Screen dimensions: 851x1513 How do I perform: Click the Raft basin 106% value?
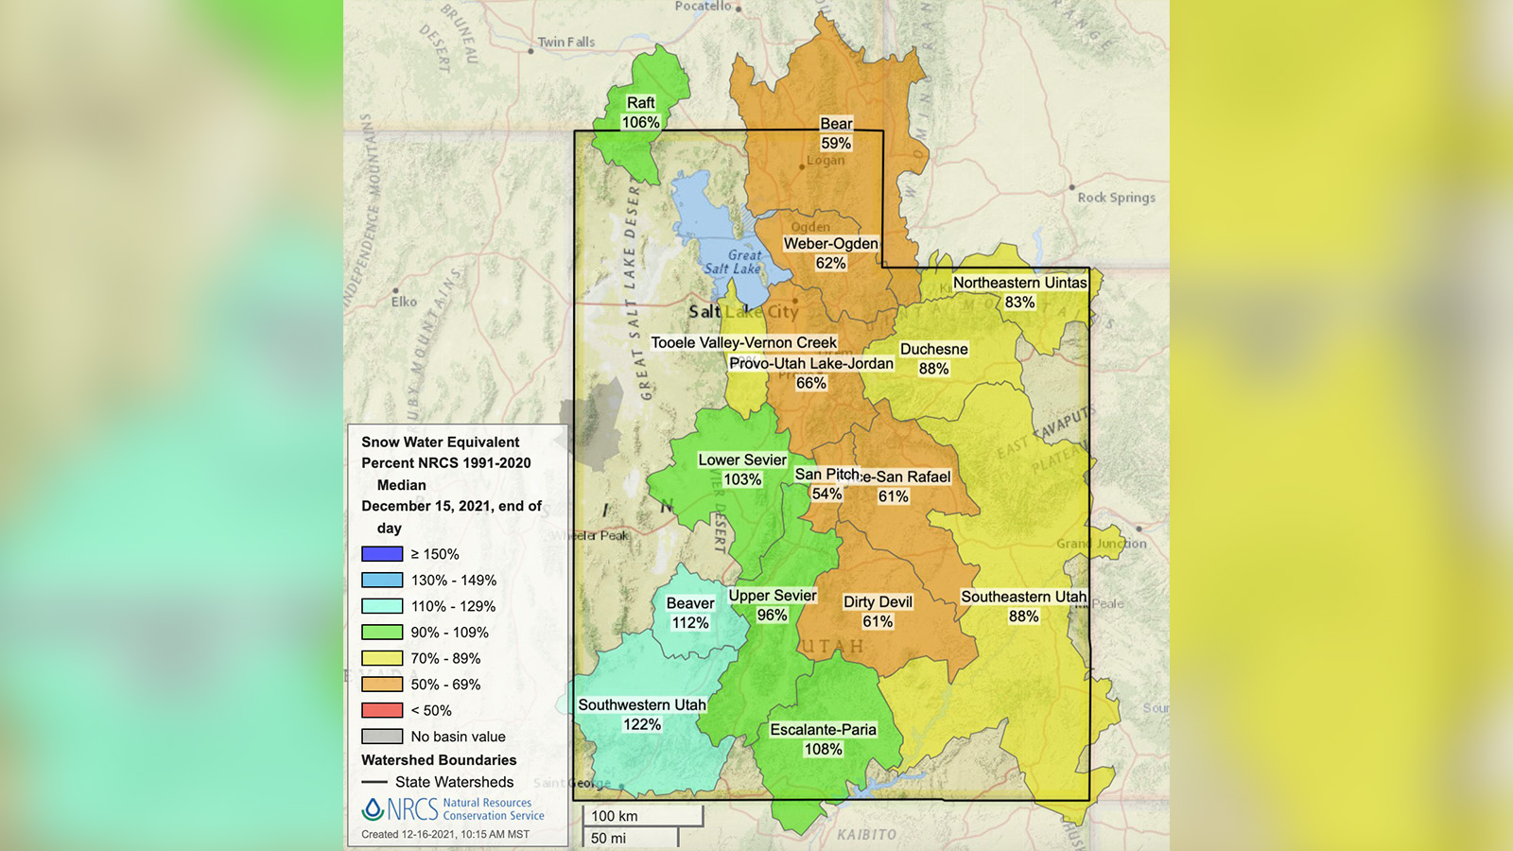640,122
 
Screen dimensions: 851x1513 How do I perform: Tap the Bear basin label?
836,123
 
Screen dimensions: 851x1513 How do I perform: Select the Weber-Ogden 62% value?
830,263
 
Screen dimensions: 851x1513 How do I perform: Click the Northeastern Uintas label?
1019,282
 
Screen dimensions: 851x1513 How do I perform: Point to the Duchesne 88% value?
933,369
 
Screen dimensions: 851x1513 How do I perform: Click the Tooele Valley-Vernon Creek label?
743,342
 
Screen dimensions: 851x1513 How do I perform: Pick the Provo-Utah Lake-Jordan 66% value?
810,383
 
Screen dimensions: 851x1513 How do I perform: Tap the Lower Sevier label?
742,460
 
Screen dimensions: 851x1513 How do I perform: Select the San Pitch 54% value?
826,494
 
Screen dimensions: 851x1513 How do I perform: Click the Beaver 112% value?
690,623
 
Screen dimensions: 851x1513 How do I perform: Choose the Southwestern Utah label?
642,704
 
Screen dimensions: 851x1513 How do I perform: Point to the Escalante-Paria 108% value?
823,749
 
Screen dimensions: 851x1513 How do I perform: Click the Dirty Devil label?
878,601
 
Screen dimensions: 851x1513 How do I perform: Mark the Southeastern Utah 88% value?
1023,617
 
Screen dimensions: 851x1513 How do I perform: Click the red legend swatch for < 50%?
382,710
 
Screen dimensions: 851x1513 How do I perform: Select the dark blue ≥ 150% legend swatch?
382,554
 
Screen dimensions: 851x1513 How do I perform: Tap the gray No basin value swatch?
382,737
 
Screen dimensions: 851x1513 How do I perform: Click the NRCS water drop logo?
373,808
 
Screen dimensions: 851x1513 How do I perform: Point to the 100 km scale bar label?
615,816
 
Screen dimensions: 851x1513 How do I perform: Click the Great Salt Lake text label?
734,262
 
